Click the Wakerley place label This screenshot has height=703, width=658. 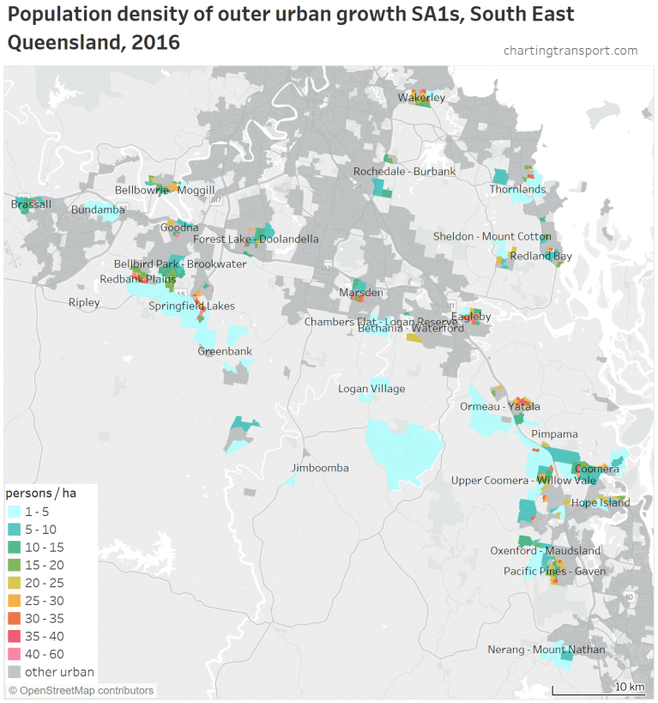(421, 98)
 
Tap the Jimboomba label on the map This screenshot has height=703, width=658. (320, 468)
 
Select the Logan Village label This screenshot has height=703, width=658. (371, 389)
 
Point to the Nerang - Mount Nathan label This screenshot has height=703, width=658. (546, 650)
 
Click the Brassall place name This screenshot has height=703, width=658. (31, 204)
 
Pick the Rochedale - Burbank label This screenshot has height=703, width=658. (405, 172)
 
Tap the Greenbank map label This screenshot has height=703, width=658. (225, 351)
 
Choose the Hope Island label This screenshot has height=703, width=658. (601, 503)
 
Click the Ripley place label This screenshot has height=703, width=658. (84, 302)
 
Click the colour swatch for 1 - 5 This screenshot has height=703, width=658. (15, 512)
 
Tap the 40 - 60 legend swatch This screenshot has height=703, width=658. (15, 654)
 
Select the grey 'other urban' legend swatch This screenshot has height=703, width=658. (15, 672)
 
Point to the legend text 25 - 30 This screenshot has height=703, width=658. (44, 601)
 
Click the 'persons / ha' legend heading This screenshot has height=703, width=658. (41, 493)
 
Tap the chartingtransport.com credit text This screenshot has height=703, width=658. (570, 51)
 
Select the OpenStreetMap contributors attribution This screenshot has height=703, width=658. (81, 690)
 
